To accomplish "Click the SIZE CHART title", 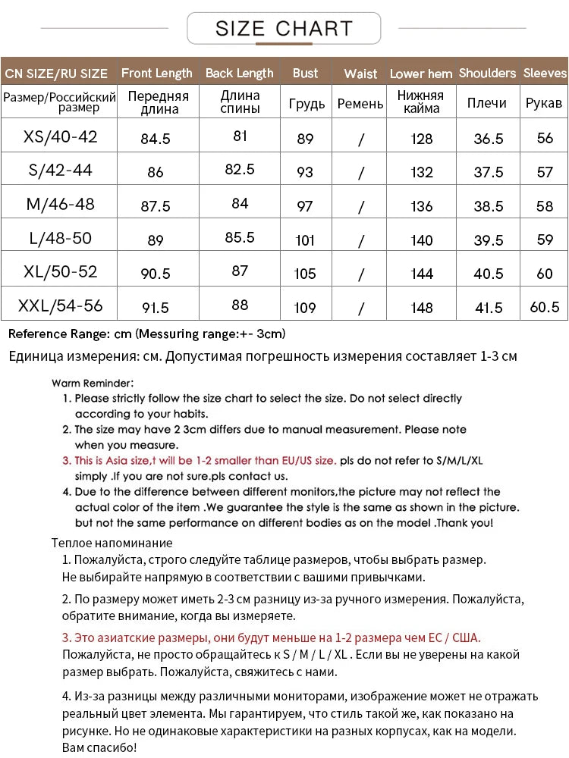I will pos(284,29).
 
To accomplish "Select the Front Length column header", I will pos(156,74).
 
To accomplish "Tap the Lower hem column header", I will pos(421,74).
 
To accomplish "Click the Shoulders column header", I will pos(487,74).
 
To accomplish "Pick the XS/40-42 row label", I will pos(61,137).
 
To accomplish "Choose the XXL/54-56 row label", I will pos(61,306).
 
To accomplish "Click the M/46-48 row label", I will pos(61,205).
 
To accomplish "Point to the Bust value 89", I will pos(305,139).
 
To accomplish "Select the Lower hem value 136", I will pos(421,206).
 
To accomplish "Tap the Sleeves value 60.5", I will pos(545,307).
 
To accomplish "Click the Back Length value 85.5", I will pos(240,237).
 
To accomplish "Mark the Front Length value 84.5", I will pos(156,139).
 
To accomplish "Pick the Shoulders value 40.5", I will pos(488,274).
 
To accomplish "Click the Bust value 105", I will pos(305,274).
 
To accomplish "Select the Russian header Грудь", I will pos(307,104).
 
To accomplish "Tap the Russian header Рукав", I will pos(544,103).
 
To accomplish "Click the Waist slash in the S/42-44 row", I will pos(360,173).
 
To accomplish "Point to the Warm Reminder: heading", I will pos(93,383).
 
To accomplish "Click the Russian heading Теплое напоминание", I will pos(112,543).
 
